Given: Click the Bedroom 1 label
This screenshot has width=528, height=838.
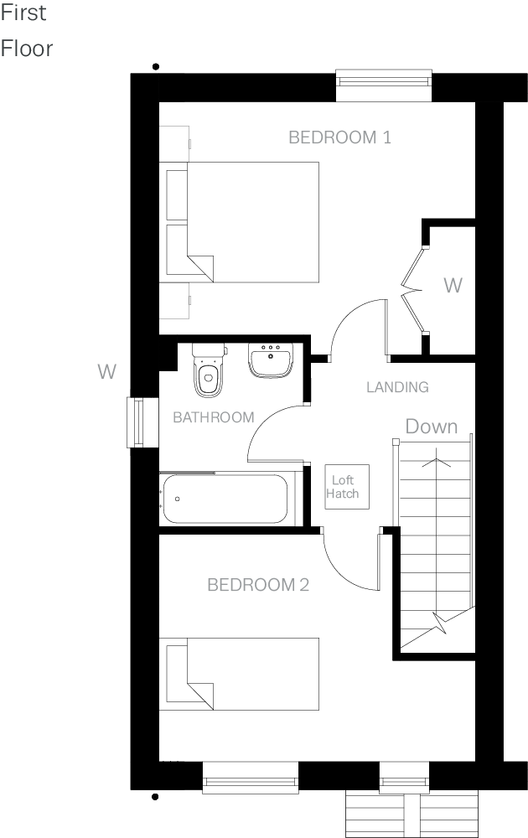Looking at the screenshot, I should (339, 137).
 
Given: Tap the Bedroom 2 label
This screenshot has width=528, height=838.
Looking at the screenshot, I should (258, 584).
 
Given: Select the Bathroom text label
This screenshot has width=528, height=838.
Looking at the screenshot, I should (213, 417).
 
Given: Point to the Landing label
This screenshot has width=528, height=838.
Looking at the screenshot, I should (397, 387).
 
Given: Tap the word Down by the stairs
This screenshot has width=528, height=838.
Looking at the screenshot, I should (432, 427).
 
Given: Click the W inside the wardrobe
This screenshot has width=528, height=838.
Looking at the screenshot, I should (453, 286).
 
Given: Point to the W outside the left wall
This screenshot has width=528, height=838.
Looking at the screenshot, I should (106, 371).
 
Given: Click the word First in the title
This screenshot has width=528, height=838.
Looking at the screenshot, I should (24, 14).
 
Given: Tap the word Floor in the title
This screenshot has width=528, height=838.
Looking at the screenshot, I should (27, 49).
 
